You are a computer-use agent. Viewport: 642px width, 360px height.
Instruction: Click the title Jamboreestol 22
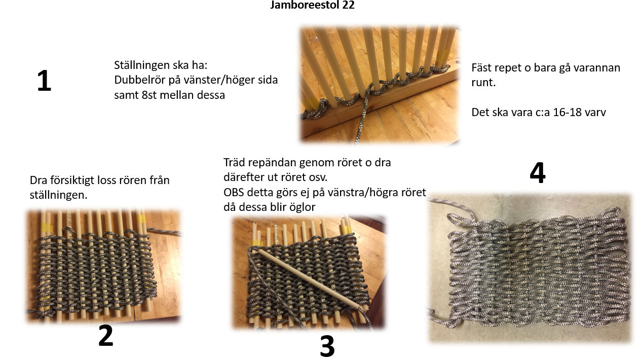click(312, 5)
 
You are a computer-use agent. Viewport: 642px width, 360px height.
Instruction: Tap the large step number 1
click(44, 81)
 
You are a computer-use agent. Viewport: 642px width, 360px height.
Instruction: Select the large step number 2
click(106, 335)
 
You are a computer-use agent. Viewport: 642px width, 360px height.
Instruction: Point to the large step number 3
click(327, 346)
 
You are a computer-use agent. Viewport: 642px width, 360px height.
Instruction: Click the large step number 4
click(538, 173)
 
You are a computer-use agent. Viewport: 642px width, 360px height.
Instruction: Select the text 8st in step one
click(149, 95)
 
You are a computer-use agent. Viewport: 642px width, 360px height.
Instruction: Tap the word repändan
click(272, 163)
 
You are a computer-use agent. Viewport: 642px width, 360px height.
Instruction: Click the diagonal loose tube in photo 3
click(309, 278)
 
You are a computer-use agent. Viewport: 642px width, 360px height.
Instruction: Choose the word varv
click(597, 113)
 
